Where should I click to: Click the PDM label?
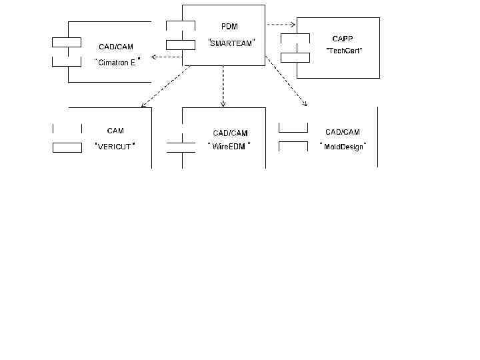click(x=229, y=26)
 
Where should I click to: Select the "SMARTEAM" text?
click(x=231, y=43)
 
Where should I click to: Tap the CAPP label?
click(x=343, y=39)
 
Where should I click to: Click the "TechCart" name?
click(x=344, y=51)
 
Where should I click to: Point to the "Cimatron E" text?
click(x=117, y=62)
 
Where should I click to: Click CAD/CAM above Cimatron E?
click(x=116, y=47)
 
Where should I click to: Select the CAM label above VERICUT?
click(x=115, y=131)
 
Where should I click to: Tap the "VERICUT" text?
click(x=115, y=146)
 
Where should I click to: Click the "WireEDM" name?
click(x=229, y=146)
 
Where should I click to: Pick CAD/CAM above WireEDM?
click(x=230, y=133)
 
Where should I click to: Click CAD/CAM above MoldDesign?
click(x=343, y=132)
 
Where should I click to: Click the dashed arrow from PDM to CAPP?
click(x=281, y=24)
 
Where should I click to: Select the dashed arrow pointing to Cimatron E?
click(x=166, y=57)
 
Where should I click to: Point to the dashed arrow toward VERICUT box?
click(x=167, y=87)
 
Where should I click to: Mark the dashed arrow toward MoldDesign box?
click(x=285, y=81)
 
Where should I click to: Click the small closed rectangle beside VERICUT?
click(x=67, y=147)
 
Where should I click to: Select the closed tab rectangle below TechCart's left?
click(x=295, y=57)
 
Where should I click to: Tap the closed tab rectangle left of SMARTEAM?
click(x=181, y=45)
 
